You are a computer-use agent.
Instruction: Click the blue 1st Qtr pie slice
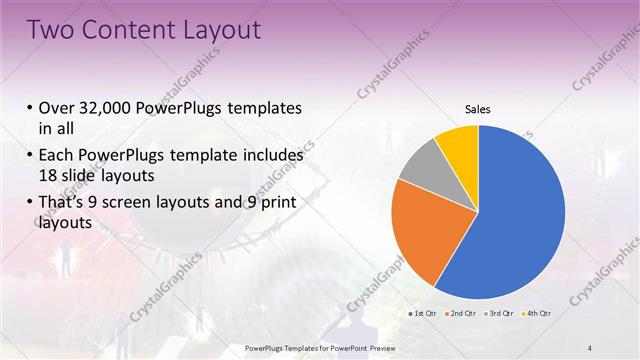pyautogui.click(x=520, y=220)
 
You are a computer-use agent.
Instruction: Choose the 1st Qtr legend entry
pyautogui.click(x=421, y=314)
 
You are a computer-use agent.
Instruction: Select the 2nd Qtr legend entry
pyautogui.click(x=459, y=314)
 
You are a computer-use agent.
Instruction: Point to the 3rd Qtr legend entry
pyautogui.click(x=497, y=314)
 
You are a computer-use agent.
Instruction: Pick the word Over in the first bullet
pyautogui.click(x=56, y=108)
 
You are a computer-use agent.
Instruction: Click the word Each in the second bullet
pyautogui.click(x=56, y=156)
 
